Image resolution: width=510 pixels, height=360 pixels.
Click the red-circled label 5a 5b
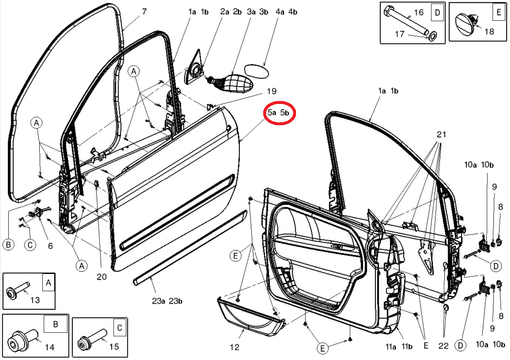(x=278, y=113)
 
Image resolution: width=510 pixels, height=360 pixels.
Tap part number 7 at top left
(x=144, y=12)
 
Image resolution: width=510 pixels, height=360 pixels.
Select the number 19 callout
(x=272, y=91)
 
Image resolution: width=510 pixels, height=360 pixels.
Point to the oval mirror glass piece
(x=256, y=71)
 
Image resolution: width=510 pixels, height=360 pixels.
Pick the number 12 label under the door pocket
(x=234, y=347)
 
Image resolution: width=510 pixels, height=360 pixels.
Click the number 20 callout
(x=101, y=277)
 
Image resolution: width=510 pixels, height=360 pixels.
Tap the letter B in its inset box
(x=56, y=324)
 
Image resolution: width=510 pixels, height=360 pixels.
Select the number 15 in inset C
(x=114, y=347)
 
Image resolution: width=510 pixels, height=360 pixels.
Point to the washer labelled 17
(x=432, y=36)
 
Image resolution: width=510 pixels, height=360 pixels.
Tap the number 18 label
(x=489, y=32)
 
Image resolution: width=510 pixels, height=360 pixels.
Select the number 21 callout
(x=441, y=135)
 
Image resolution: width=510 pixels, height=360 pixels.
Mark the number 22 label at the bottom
(x=443, y=346)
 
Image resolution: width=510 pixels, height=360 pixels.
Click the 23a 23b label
(x=167, y=301)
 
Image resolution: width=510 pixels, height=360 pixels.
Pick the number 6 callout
(x=50, y=246)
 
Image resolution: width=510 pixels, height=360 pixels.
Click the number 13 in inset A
(x=35, y=300)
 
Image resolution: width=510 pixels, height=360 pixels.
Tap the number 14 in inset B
(x=50, y=347)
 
